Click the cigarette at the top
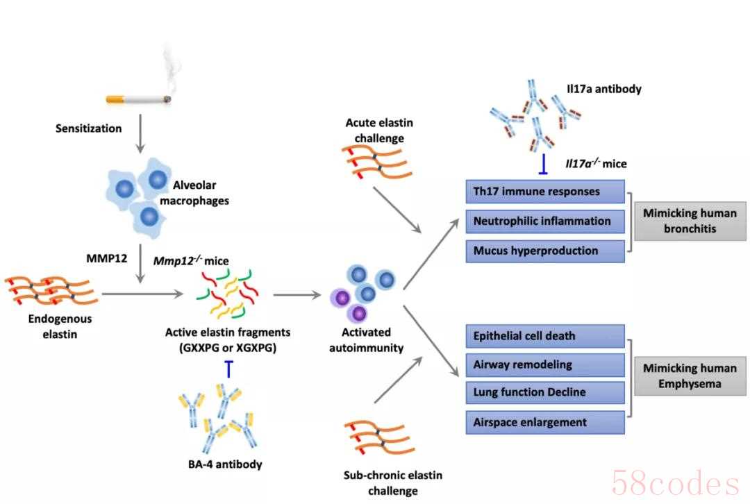point(138,99)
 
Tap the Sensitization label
point(88,128)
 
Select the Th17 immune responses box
point(545,192)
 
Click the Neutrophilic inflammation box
point(545,221)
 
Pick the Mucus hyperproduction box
point(545,251)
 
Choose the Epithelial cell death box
point(545,336)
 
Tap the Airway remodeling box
point(545,365)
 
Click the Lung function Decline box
point(545,392)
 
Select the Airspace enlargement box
point(545,422)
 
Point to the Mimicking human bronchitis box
point(690,221)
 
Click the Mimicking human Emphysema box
point(690,376)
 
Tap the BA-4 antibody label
point(225,464)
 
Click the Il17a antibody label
point(603,89)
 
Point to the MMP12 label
point(107,259)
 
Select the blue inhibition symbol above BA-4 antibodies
point(229,369)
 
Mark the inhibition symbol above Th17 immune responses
point(543,164)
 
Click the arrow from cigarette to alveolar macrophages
point(140,133)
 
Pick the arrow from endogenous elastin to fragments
point(142,294)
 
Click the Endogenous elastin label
point(60,326)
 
